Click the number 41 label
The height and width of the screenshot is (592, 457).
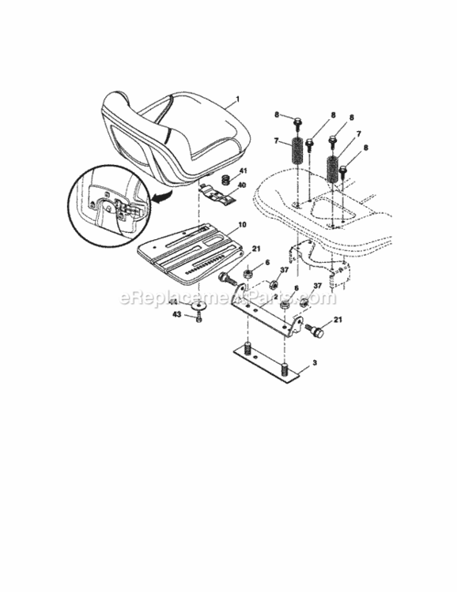(243, 171)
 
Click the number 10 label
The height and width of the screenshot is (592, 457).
(241, 225)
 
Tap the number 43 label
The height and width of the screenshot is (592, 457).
(177, 314)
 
